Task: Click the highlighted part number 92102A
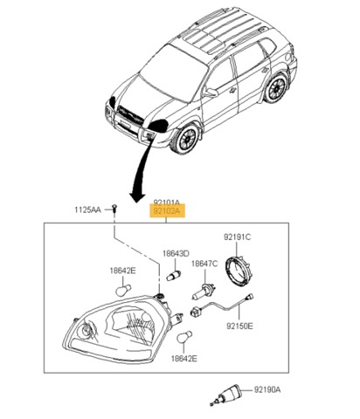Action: click(x=167, y=210)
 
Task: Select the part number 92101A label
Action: click(x=167, y=202)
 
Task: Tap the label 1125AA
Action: click(x=87, y=209)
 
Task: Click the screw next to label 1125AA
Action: click(x=114, y=209)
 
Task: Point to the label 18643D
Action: click(x=176, y=253)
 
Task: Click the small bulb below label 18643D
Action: click(x=175, y=275)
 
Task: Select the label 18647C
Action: click(x=204, y=264)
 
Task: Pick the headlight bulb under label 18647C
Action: click(x=203, y=292)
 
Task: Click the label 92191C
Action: click(x=237, y=237)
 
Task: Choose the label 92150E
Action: click(x=239, y=326)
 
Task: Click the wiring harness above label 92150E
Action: click(x=222, y=306)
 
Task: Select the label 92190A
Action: click(x=267, y=389)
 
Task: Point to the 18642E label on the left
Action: click(x=122, y=271)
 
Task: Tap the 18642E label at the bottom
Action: click(x=183, y=359)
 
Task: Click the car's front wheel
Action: click(x=184, y=139)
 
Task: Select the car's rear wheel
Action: click(x=276, y=88)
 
